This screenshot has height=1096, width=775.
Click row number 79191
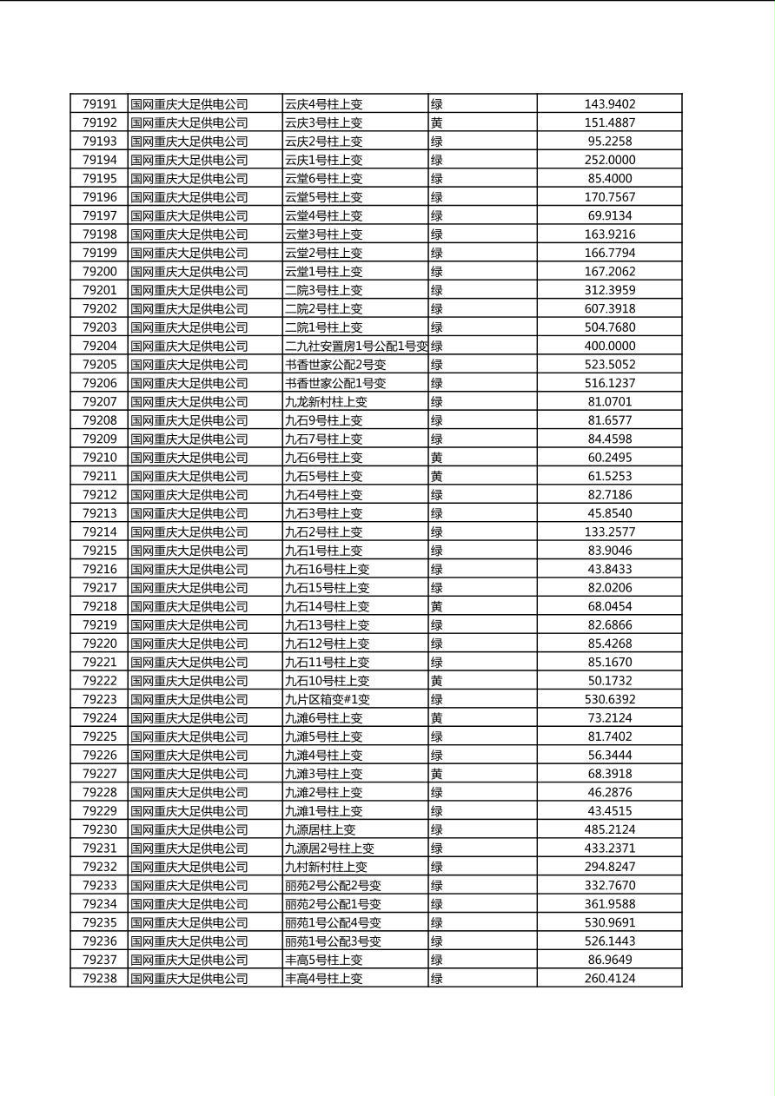pyautogui.click(x=99, y=104)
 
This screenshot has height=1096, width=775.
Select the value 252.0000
pyautogui.click(x=609, y=160)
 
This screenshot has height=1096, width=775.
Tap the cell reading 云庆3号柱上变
pyautogui.click(x=324, y=123)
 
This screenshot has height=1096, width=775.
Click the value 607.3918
pyautogui.click(x=609, y=308)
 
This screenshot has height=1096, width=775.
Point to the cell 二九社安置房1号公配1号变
pyautogui.click(x=356, y=346)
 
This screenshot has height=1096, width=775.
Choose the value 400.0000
pyautogui.click(x=609, y=346)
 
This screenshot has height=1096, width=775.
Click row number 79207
pyautogui.click(x=99, y=401)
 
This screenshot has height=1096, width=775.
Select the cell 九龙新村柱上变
pyautogui.click(x=327, y=401)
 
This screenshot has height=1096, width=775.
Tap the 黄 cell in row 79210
pyautogui.click(x=437, y=458)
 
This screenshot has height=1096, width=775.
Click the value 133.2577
pyautogui.click(x=609, y=531)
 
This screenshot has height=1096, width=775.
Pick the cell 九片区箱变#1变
pyautogui.click(x=328, y=699)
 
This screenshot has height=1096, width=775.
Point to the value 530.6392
pyautogui.click(x=609, y=699)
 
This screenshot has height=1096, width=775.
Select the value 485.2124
pyautogui.click(x=609, y=829)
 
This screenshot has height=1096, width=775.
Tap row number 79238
pyautogui.click(x=99, y=978)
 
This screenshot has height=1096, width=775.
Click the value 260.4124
pyautogui.click(x=609, y=978)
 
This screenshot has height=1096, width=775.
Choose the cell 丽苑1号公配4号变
pyautogui.click(x=333, y=922)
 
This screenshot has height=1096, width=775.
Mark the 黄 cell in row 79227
pyautogui.click(x=437, y=774)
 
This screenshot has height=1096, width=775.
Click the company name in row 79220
pyautogui.click(x=189, y=644)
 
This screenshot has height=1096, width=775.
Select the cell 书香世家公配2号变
pyautogui.click(x=335, y=365)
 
